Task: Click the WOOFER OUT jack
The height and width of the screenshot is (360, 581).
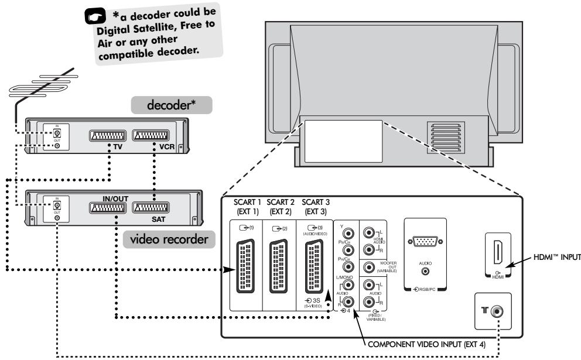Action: tap(370, 268)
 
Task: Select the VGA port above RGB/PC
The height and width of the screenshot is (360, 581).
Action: tap(425, 242)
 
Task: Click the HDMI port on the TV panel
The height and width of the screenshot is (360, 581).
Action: tap(497, 253)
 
